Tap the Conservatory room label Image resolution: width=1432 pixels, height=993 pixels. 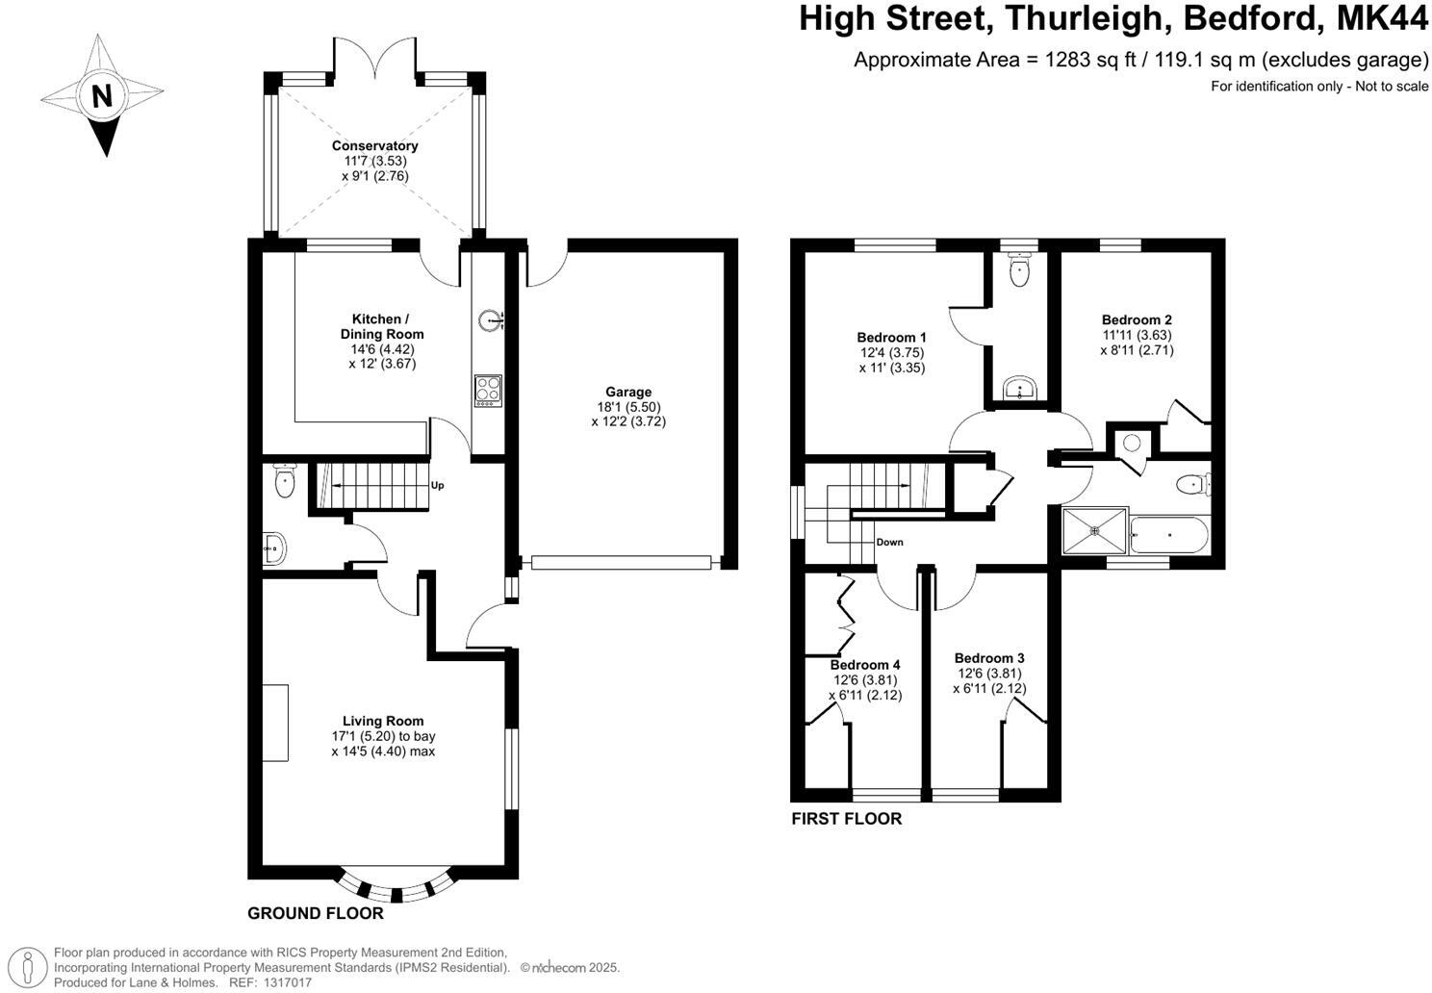[374, 146]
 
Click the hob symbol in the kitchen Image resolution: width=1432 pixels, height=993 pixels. [488, 390]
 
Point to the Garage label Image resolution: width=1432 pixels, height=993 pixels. [628, 392]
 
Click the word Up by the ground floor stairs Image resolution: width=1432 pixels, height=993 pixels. [437, 486]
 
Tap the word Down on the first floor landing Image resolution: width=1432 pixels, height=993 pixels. [889, 543]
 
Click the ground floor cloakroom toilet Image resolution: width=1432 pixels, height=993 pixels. [284, 480]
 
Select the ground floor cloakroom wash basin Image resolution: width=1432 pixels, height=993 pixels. [273, 549]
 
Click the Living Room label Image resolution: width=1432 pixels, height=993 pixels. [383, 721]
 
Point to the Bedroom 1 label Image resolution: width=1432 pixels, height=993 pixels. [891, 338]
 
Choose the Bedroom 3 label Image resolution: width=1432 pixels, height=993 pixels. [988, 658]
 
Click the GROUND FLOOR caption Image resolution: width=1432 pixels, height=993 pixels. [316, 913]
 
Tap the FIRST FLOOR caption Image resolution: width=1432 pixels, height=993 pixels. [846, 819]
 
